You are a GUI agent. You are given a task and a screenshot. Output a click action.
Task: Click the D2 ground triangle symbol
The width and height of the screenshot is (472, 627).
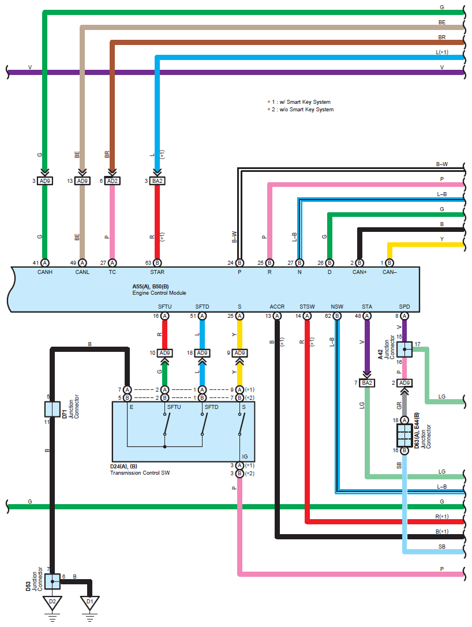[x=53, y=602]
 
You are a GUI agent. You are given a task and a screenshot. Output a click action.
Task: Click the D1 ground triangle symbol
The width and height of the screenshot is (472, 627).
[x=89, y=602]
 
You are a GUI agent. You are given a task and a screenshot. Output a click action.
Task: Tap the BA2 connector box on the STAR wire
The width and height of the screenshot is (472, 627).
[x=157, y=181]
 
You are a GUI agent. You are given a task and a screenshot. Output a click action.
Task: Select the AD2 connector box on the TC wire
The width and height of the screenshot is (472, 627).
[x=112, y=181]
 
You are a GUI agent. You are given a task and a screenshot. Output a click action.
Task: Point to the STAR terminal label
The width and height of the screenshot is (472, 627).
[x=157, y=272]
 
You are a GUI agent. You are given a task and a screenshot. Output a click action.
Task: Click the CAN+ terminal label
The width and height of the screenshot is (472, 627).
[x=359, y=272]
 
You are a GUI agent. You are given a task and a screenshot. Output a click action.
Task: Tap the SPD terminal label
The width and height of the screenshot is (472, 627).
[x=404, y=306]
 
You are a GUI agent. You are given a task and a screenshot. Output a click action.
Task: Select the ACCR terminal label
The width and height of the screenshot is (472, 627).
[x=277, y=306]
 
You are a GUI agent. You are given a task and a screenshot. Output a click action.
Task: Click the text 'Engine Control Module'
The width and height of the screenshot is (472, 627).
[x=159, y=292]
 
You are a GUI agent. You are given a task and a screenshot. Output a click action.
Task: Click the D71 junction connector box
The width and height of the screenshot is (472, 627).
[x=53, y=409]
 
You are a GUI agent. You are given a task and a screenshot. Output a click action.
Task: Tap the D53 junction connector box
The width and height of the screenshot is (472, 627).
[x=53, y=581]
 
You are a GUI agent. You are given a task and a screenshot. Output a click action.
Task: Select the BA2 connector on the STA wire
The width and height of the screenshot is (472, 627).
[x=367, y=382]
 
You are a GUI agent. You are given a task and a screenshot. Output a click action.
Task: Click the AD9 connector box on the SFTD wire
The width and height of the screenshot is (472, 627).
[x=202, y=353]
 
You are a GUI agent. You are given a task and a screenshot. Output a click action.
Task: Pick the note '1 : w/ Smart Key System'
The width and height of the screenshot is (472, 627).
[x=301, y=102]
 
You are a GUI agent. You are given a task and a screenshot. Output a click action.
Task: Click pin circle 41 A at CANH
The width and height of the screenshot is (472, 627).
[x=44, y=262]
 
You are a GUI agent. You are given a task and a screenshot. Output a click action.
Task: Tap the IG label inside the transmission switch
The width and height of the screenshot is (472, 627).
[x=244, y=456]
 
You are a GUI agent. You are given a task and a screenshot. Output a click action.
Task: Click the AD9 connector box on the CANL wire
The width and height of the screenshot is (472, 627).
[x=82, y=181]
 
